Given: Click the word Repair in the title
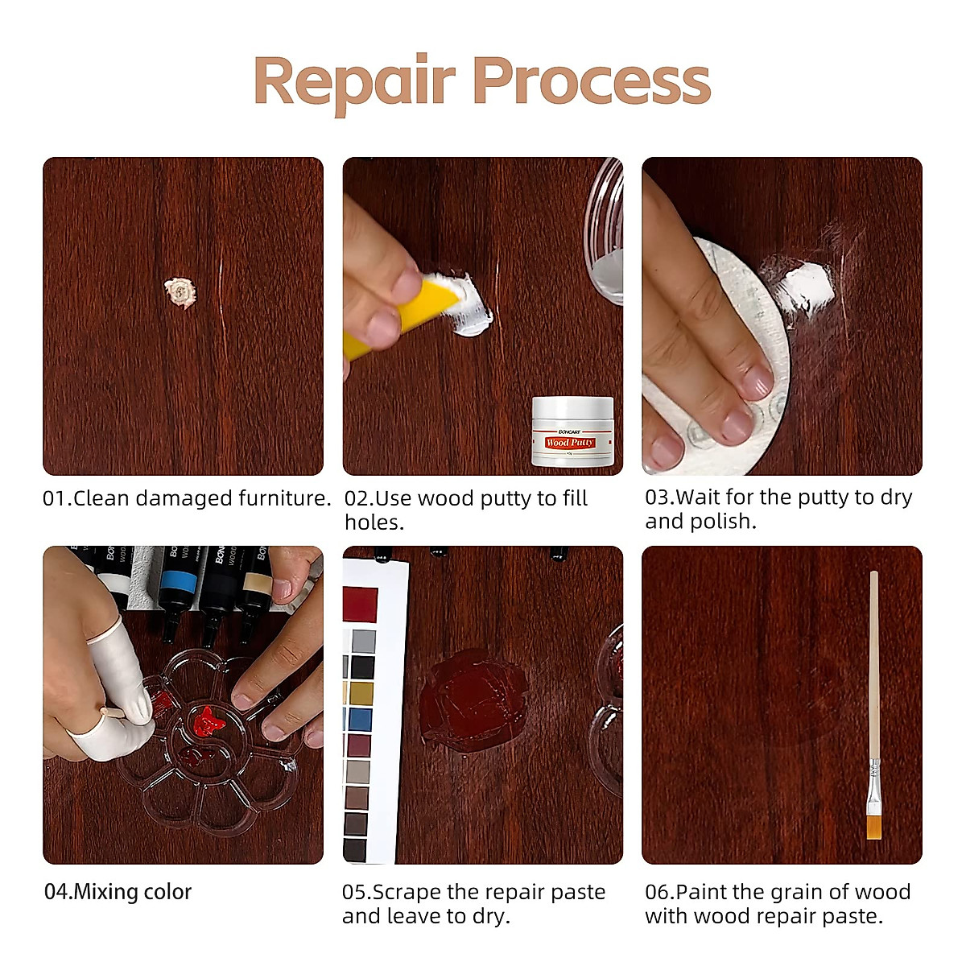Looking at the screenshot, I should (x=355, y=82).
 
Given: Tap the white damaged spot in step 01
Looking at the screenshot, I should (x=180, y=293).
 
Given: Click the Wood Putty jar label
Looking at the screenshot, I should (x=570, y=443).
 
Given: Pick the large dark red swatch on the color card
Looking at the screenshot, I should (x=360, y=605).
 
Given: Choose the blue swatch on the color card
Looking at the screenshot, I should (x=360, y=719).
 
